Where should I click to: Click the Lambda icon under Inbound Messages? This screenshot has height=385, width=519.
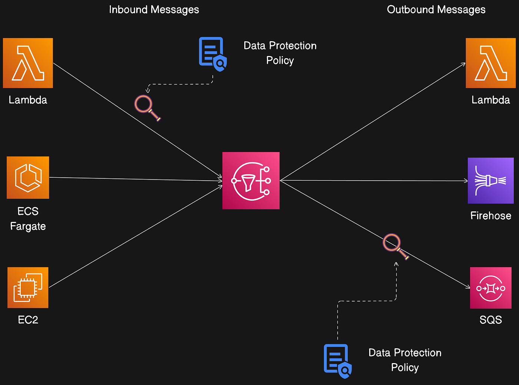click(28, 63)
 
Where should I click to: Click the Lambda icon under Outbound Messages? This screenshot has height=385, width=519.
click(490, 63)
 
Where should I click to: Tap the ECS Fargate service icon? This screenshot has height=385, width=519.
click(28, 178)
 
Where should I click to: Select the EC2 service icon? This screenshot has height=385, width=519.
click(28, 287)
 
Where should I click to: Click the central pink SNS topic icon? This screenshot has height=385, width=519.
click(251, 181)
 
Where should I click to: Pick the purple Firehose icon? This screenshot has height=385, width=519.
click(490, 181)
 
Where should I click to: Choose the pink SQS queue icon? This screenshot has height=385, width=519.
click(490, 288)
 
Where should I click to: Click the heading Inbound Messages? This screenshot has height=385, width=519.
click(154, 10)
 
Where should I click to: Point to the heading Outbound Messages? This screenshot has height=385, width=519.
click(436, 10)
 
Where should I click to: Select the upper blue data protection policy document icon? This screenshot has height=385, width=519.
click(212, 54)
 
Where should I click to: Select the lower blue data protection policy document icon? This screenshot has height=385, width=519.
click(337, 361)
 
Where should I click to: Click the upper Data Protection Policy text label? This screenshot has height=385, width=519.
click(280, 53)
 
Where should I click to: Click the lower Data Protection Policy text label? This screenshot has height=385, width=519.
click(405, 360)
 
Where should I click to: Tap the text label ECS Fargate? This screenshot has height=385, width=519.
click(28, 218)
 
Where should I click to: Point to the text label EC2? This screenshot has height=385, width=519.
click(28, 320)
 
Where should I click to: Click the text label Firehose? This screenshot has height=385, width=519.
click(490, 215)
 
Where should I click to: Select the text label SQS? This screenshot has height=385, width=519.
click(490, 320)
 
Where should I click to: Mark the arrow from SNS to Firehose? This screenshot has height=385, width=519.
click(374, 181)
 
